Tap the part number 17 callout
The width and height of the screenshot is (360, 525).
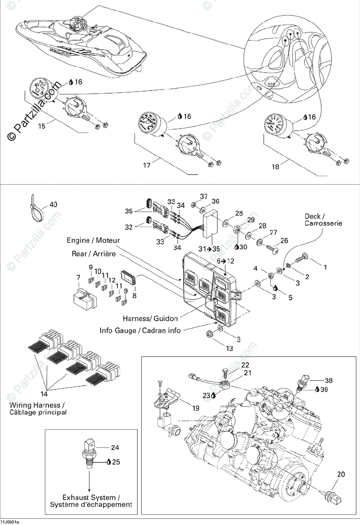pyautogui.click(x=147, y=165)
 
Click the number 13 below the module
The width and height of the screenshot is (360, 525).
pyautogui.click(x=230, y=349)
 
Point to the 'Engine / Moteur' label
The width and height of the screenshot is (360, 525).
pyautogui.click(x=93, y=241)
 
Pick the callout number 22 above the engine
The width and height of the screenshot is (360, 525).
pyautogui.click(x=245, y=365)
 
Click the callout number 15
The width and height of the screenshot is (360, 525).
pyautogui.click(x=42, y=126)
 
